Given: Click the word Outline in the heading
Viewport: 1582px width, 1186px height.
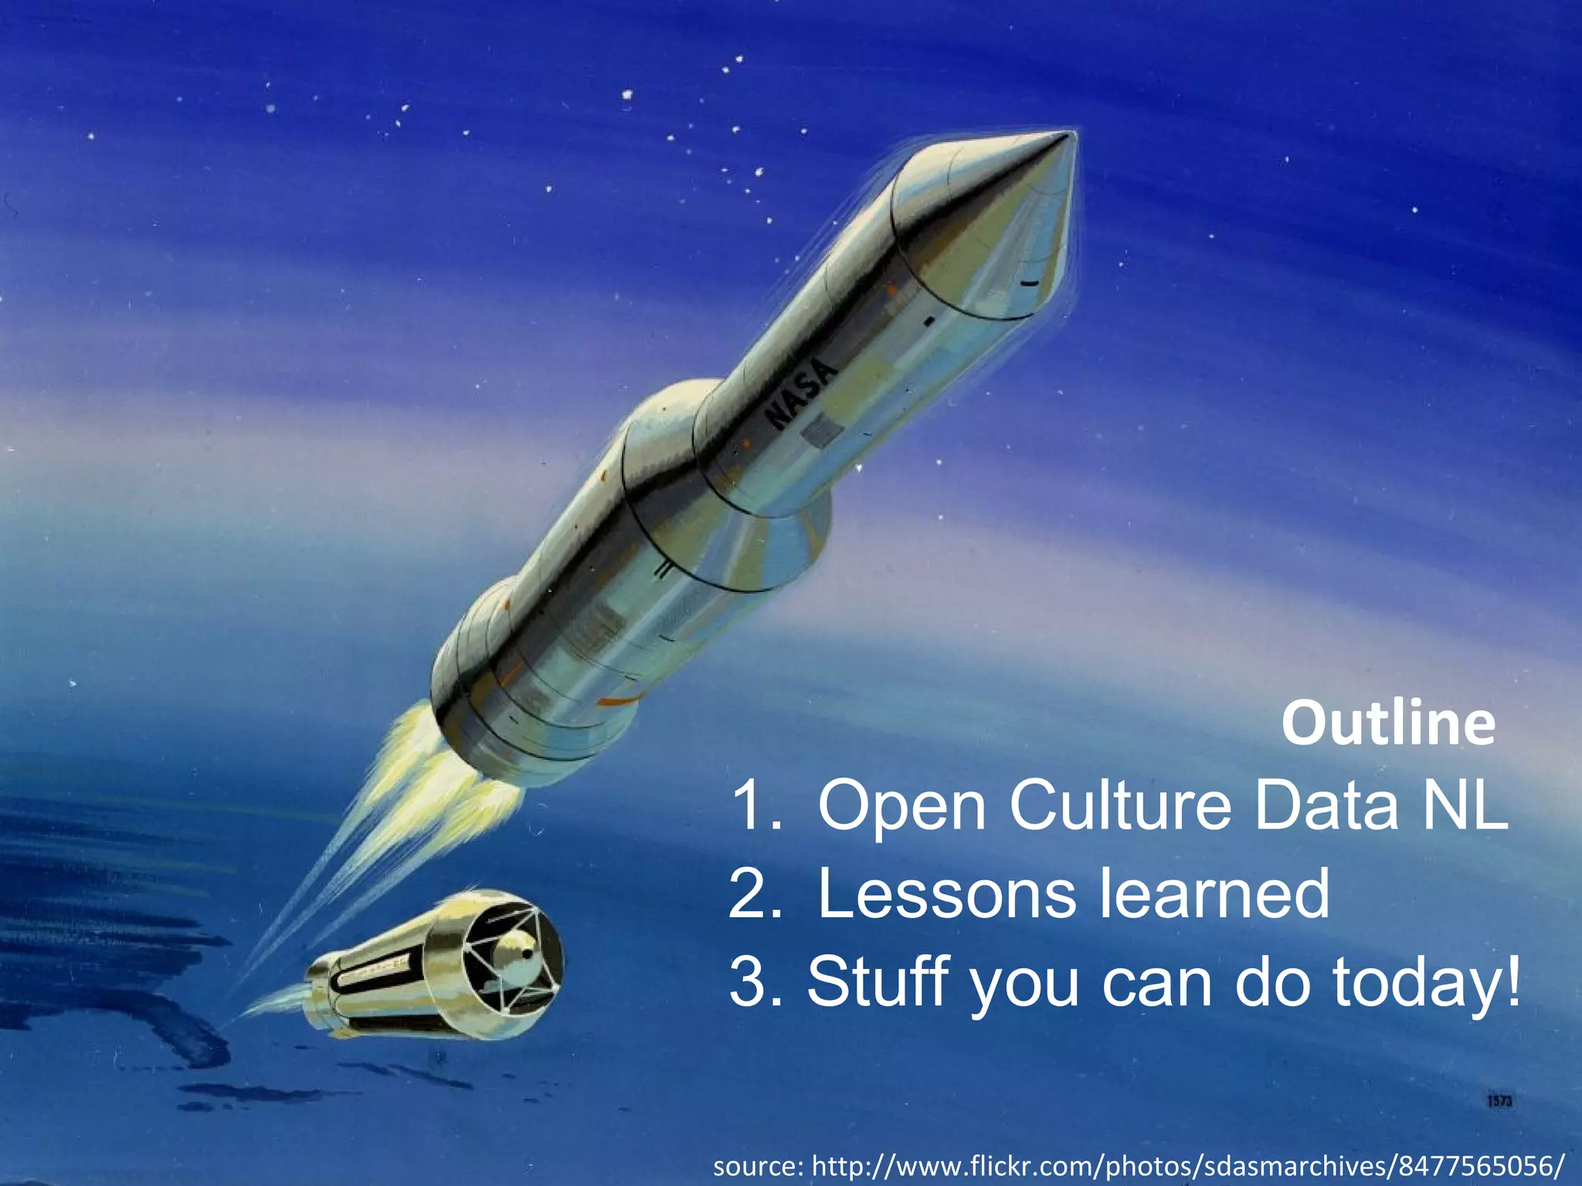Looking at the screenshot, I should [1388, 723].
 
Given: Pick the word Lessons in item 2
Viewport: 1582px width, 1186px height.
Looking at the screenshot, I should [945, 894].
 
